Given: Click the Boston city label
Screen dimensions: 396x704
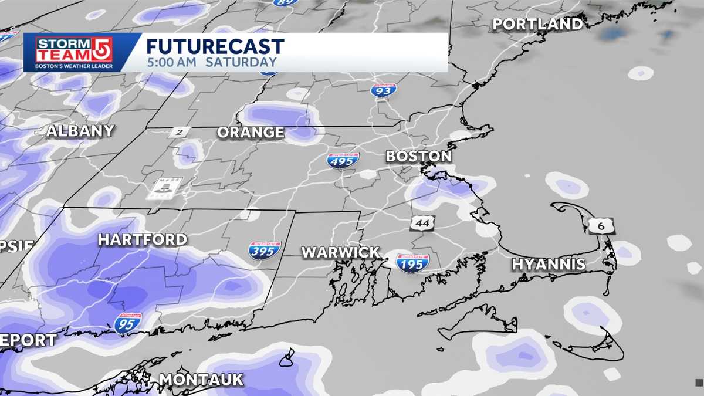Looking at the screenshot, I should coord(418,156).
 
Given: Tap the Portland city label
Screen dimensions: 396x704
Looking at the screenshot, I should coord(537,24).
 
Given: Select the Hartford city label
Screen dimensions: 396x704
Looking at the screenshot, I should coord(142,239).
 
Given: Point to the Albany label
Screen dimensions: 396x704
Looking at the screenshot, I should coord(80,131).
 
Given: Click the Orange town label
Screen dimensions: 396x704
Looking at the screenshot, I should coord(251,133).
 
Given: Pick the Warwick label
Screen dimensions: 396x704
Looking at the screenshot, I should coord(340,252).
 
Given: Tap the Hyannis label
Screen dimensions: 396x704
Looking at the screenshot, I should coord(549,264).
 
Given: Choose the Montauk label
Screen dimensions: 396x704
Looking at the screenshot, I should coord(201,380).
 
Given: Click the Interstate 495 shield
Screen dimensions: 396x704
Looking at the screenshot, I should coord(343,160).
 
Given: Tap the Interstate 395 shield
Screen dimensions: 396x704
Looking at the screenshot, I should coord(265,250).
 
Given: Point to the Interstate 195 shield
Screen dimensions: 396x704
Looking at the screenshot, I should coord(412,262).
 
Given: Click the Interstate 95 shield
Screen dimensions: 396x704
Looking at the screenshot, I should coord(127,323).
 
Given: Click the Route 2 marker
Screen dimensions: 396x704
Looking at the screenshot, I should coord(179,132).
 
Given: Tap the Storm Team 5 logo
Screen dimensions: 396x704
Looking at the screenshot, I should coord(74,52).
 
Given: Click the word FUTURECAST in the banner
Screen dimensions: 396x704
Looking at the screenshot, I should coord(215,46).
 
